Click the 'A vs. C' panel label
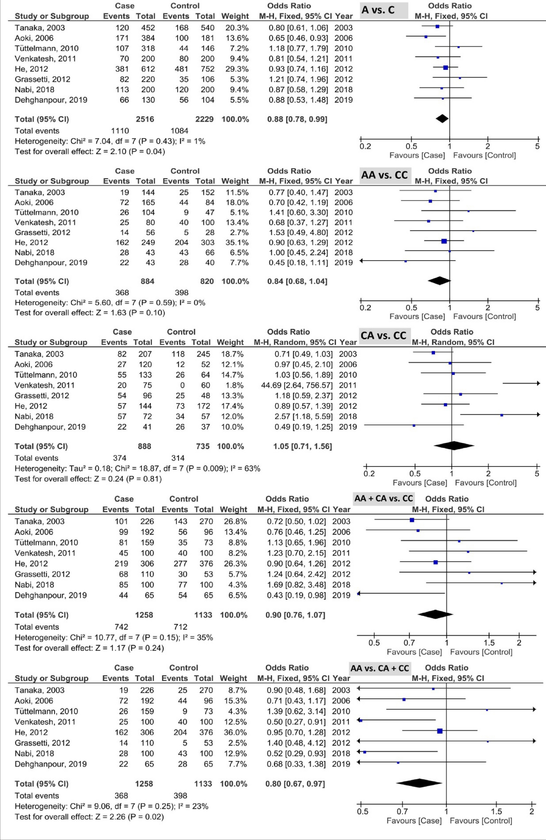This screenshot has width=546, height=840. pyautogui.click(x=378, y=10)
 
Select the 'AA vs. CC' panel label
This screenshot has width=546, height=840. pyautogui.click(x=384, y=175)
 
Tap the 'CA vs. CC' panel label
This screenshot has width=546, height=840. pyautogui.click(x=383, y=335)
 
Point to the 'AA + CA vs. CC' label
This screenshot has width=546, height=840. pyautogui.click(x=383, y=498)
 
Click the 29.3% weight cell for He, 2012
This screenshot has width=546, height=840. pyautogui.click(x=235, y=69)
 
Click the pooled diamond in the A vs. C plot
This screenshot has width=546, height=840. pyautogui.click(x=442, y=119)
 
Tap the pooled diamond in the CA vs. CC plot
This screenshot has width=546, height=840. pyautogui.click(x=453, y=446)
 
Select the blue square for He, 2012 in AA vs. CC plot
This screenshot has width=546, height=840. pyautogui.click(x=444, y=241)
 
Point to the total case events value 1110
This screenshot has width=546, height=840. pyautogui.click(x=120, y=131)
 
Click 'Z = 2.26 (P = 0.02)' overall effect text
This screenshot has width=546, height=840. pyautogui.click(x=130, y=817)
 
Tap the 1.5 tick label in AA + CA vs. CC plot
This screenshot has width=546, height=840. pyautogui.click(x=489, y=643)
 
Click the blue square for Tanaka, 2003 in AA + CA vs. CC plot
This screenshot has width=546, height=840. pyautogui.click(x=411, y=520)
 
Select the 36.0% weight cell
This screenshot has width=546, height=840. pyautogui.click(x=234, y=732)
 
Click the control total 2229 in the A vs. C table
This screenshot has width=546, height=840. pyautogui.click(x=205, y=119)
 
